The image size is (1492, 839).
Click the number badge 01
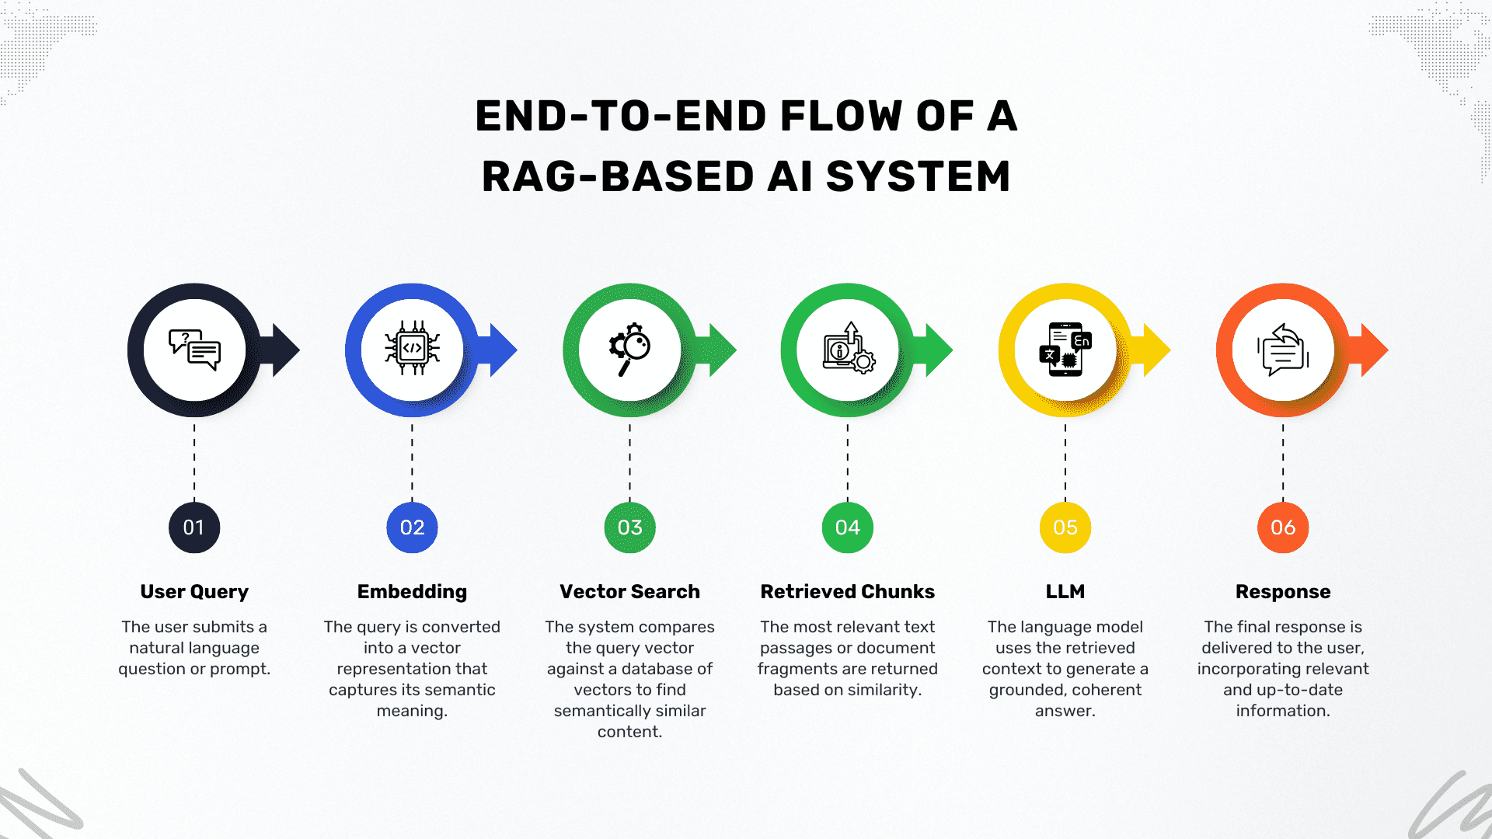[194, 527]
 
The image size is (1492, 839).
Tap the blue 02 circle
[412, 527]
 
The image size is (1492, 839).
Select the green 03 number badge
[629, 527]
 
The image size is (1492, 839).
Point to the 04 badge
[848, 527]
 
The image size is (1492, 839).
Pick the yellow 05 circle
[1065, 527]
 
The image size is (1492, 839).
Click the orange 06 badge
[1283, 527]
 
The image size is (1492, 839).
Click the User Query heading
[194, 592]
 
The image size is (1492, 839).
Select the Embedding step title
[412, 592]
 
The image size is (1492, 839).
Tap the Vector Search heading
[629, 591]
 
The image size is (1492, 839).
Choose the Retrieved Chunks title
[848, 591]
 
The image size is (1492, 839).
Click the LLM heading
[1065, 591]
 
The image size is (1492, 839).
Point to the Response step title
[1283, 592]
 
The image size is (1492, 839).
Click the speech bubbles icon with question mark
[194, 350]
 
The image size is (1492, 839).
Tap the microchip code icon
[412, 348]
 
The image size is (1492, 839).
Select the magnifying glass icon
[629, 350]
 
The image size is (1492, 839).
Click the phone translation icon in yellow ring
[1065, 350]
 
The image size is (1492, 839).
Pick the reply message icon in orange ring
[1283, 350]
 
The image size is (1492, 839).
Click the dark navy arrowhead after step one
[281, 350]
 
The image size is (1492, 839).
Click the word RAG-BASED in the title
[619, 176]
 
